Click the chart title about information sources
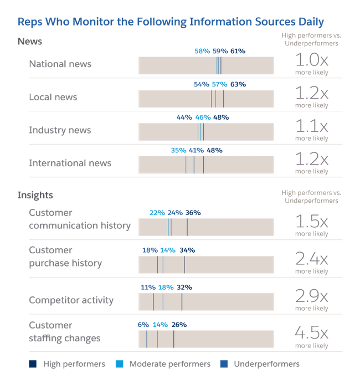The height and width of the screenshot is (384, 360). (x=171, y=22)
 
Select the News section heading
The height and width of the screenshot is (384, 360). (x=30, y=42)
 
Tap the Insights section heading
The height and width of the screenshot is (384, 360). (x=35, y=195)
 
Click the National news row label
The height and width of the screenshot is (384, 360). (x=60, y=64)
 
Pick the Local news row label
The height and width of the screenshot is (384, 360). (x=53, y=97)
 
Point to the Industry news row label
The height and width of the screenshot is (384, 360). (x=60, y=130)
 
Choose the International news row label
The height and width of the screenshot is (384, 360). (x=70, y=163)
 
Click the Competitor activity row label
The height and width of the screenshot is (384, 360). (x=71, y=300)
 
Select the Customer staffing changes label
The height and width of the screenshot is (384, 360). (x=64, y=331)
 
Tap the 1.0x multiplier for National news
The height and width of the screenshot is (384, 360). (x=311, y=60)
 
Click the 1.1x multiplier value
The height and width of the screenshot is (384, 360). (x=311, y=126)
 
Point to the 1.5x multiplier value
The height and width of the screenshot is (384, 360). (x=311, y=222)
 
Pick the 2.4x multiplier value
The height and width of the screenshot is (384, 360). (x=311, y=259)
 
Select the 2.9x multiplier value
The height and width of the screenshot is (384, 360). (x=311, y=296)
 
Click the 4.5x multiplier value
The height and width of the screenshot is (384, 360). (x=311, y=334)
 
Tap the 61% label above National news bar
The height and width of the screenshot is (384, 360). (x=238, y=51)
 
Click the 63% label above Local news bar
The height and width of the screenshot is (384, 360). (x=238, y=84)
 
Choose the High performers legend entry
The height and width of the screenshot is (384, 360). (x=68, y=364)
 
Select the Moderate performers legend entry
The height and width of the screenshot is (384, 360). (x=164, y=364)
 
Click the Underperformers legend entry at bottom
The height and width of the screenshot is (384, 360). (x=261, y=364)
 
